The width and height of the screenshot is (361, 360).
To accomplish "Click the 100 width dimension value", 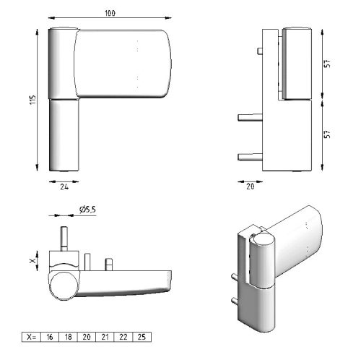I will tap(110, 14).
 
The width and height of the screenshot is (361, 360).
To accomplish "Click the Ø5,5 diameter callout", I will tap(87, 210).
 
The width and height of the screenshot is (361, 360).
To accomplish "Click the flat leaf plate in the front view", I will tap(121, 63).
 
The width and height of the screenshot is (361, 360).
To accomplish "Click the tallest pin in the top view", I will tap(64, 239).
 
